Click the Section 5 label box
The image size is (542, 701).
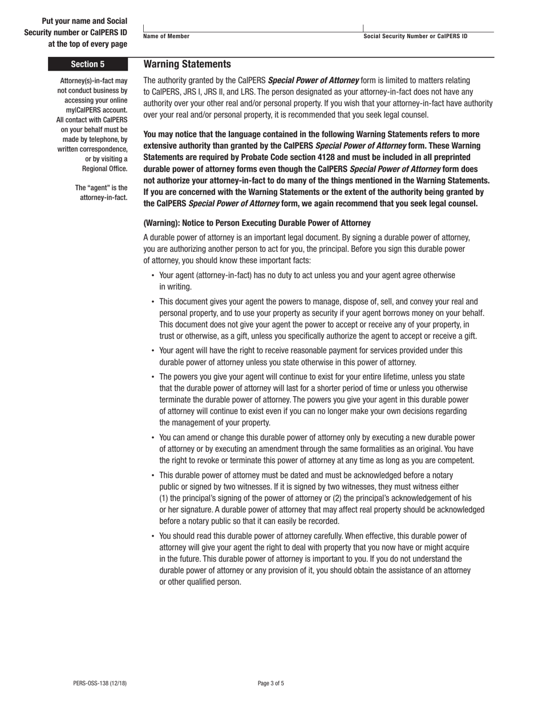tap(88, 64)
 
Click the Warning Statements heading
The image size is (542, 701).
tap(187, 64)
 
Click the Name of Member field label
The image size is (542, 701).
tap(167, 36)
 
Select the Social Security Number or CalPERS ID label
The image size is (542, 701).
tap(415, 36)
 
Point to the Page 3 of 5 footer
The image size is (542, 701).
tap(271, 683)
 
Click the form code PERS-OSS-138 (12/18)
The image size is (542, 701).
tap(100, 683)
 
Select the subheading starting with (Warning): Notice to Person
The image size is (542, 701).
tap(257, 223)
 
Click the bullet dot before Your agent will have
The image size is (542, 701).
tap(153, 351)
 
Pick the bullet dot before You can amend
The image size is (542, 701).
tap(153, 438)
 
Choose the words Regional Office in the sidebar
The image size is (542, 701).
tap(105, 169)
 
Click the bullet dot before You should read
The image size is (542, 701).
tap(153, 536)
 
